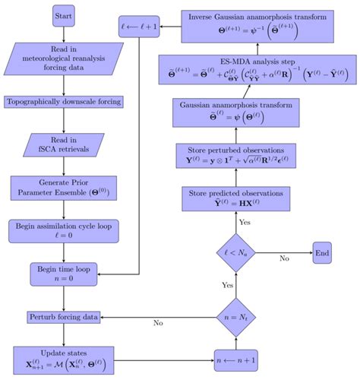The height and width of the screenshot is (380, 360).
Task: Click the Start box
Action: [x=64, y=16]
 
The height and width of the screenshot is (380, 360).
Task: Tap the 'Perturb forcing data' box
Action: [x=64, y=315]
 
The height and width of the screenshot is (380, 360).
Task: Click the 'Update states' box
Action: [x=64, y=356]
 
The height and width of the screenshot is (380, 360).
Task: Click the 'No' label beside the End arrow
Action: [x=284, y=259]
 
